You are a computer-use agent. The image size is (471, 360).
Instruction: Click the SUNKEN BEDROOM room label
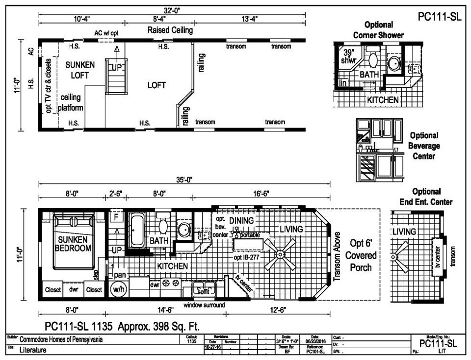point(73,244)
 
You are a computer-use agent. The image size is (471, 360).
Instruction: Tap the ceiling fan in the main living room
point(280,255)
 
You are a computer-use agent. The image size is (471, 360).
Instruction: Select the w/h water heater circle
point(118,290)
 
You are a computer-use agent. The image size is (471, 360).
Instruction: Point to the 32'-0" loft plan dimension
point(172,9)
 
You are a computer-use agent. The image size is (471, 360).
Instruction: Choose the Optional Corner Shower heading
point(378,30)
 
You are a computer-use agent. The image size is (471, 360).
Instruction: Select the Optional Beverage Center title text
point(425,146)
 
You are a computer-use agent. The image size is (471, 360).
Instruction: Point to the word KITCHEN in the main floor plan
point(173,266)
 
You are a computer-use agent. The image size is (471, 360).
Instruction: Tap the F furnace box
point(116,217)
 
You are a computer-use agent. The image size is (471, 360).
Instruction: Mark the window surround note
point(204,305)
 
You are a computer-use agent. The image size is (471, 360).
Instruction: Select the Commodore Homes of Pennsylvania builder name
point(61,339)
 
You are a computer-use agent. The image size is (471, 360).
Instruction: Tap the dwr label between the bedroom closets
point(74,290)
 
